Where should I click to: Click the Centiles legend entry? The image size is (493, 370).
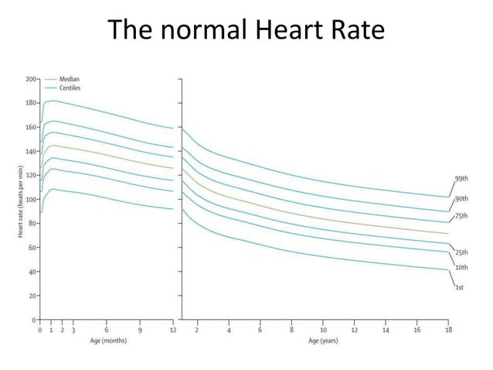point(70,88)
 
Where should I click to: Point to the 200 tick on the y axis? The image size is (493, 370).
point(30,79)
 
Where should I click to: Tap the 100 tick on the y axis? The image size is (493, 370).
point(30,200)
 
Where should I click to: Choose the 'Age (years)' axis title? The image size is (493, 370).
point(324,340)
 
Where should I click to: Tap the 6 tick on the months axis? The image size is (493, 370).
point(106,330)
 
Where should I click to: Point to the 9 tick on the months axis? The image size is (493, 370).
point(140,330)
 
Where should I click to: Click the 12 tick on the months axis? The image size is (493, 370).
point(173,330)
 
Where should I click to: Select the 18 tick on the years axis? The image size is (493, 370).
point(448,330)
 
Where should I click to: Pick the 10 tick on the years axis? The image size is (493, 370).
point(323,330)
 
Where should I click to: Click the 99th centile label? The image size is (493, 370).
point(461,179)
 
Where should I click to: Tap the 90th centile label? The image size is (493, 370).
point(461,199)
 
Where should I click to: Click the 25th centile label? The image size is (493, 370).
point(461,253)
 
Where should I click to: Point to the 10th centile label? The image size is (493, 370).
point(461,267)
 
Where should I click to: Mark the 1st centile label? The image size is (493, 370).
point(460,286)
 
